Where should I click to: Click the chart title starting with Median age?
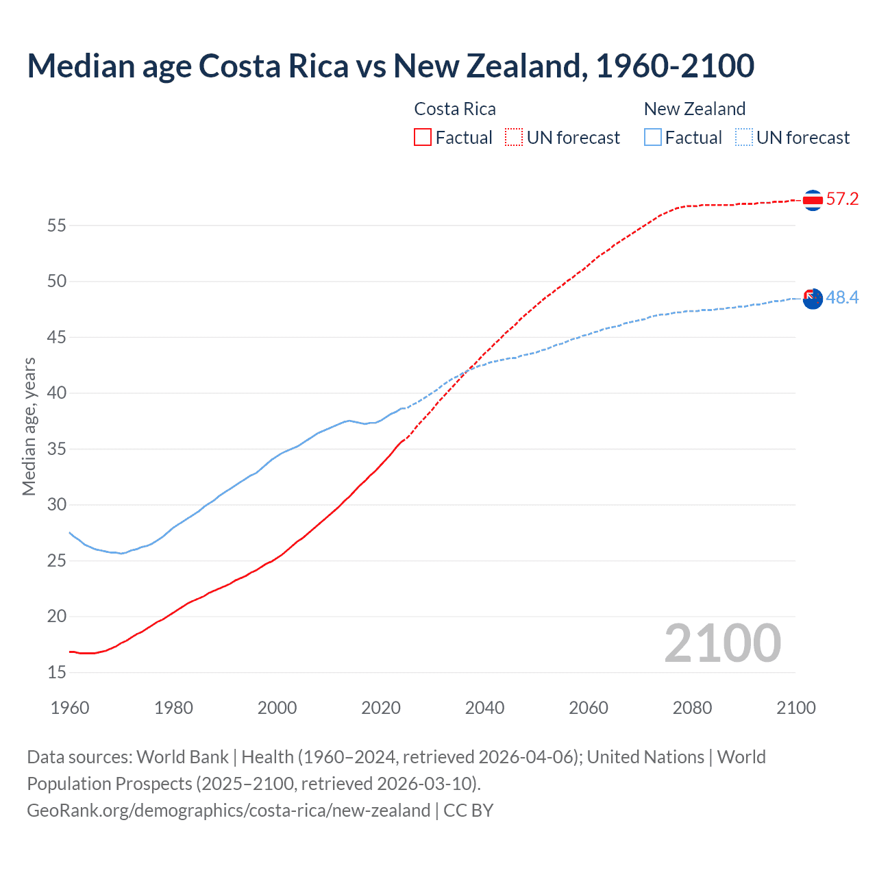[x=391, y=66]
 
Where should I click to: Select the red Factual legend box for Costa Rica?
[x=423, y=137]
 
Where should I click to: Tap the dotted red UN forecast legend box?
[x=514, y=137]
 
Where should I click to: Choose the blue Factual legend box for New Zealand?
[x=653, y=137]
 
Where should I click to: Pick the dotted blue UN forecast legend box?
[x=744, y=137]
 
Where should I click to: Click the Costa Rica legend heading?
[x=455, y=109]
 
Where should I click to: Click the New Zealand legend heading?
[x=695, y=109]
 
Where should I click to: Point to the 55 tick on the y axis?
[x=57, y=225]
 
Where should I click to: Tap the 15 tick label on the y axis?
[x=57, y=672]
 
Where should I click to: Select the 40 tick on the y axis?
[x=57, y=393]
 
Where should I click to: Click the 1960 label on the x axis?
[x=70, y=708]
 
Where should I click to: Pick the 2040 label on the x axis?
[x=484, y=708]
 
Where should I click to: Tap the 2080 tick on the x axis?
[x=692, y=708]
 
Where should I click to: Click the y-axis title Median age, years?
[x=29, y=426]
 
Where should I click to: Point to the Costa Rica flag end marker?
[x=813, y=200]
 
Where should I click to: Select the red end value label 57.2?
[x=842, y=199]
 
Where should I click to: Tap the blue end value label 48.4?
[x=842, y=298]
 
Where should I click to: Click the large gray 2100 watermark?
[x=723, y=643]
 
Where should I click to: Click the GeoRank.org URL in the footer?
[x=228, y=811]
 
